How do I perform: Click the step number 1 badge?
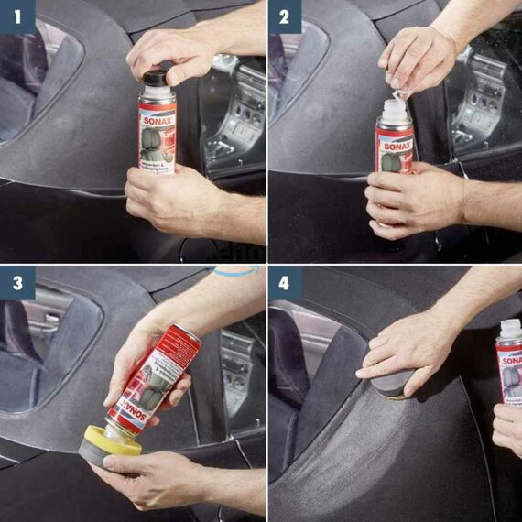coord(17,16)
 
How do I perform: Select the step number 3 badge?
coord(17,283)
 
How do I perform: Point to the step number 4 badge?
coord(284,283)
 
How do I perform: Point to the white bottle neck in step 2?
coord(394,113)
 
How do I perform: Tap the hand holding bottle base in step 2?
coord(408,197)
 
